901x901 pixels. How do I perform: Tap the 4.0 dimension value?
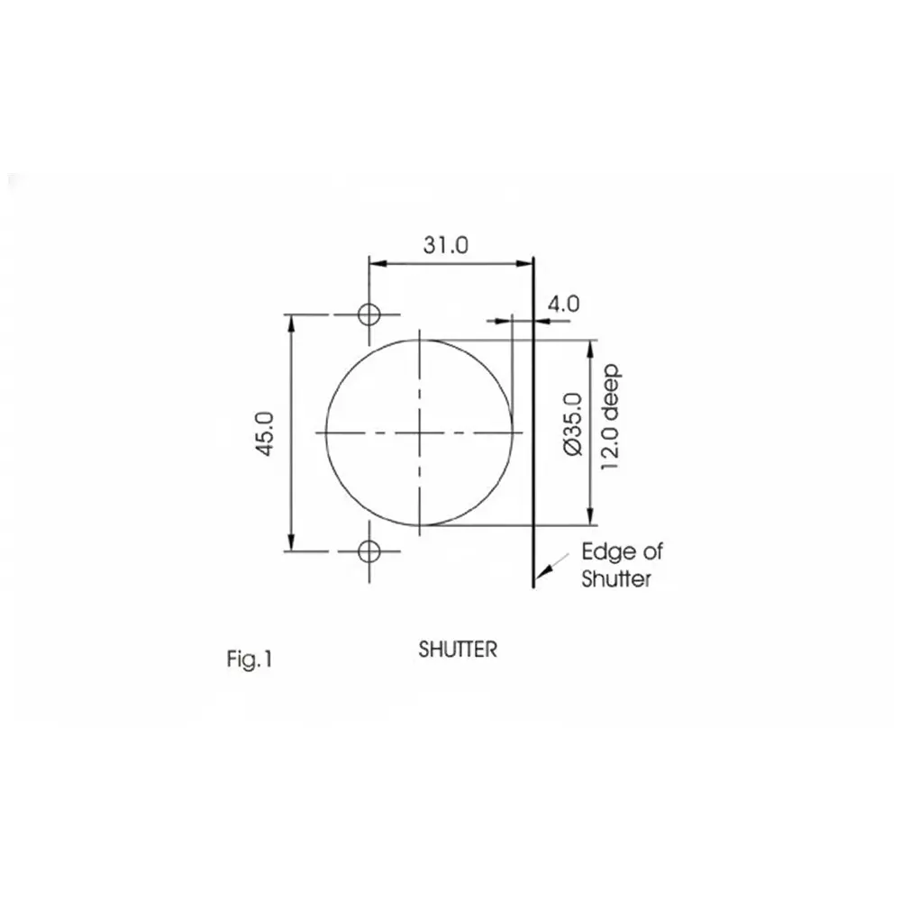pyautogui.click(x=562, y=304)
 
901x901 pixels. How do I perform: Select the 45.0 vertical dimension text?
pyautogui.click(x=266, y=433)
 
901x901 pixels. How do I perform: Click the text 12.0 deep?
pyautogui.click(x=610, y=417)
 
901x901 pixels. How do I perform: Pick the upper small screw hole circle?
pyautogui.click(x=368, y=314)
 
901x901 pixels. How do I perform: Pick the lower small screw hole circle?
pyautogui.click(x=368, y=550)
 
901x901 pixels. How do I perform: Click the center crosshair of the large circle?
pyautogui.click(x=420, y=433)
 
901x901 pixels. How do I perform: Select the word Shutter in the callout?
pyautogui.click(x=616, y=579)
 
